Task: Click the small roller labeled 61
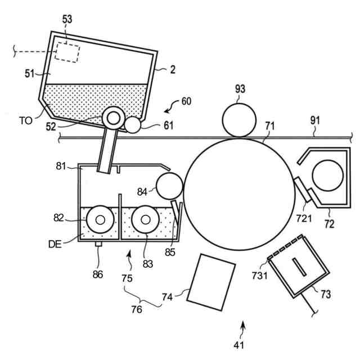[x=133, y=124]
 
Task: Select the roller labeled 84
[x=170, y=186]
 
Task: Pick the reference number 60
[x=186, y=101]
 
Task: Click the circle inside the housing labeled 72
[x=327, y=174]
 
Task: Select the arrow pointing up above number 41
[x=243, y=326]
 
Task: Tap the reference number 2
[x=173, y=70]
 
